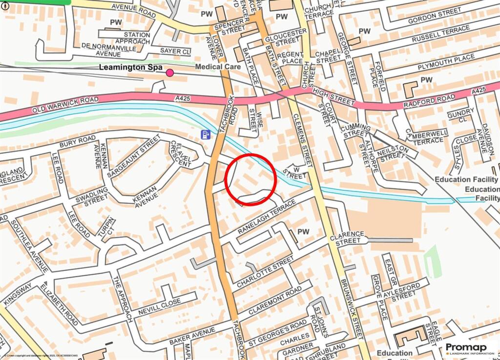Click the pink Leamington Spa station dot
pos(170,73)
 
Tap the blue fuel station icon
pos(207,134)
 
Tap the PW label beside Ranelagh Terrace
pos(304,231)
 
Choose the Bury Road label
pos(78,142)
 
